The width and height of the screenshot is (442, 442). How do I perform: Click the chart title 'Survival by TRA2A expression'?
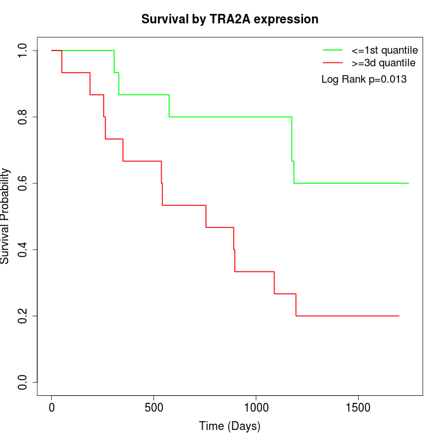point(230,20)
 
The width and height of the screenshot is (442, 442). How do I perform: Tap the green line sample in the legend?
point(333,50)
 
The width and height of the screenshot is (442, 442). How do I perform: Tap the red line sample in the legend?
point(333,63)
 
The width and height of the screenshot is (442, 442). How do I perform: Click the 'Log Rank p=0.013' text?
point(364,80)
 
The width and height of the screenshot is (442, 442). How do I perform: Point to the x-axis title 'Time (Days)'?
point(230,426)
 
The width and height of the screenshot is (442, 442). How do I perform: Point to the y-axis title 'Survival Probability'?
point(6,216)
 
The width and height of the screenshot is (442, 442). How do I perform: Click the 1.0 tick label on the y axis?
point(23,51)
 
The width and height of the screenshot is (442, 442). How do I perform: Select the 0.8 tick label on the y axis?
point(23,117)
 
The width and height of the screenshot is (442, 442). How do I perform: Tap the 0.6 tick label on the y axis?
point(23,183)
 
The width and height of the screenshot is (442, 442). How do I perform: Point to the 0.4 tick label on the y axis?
point(23,249)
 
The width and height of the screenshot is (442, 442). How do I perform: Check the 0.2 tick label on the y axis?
point(23,316)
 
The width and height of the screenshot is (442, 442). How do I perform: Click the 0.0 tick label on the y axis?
point(23,382)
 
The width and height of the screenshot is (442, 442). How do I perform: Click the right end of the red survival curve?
point(399,316)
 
